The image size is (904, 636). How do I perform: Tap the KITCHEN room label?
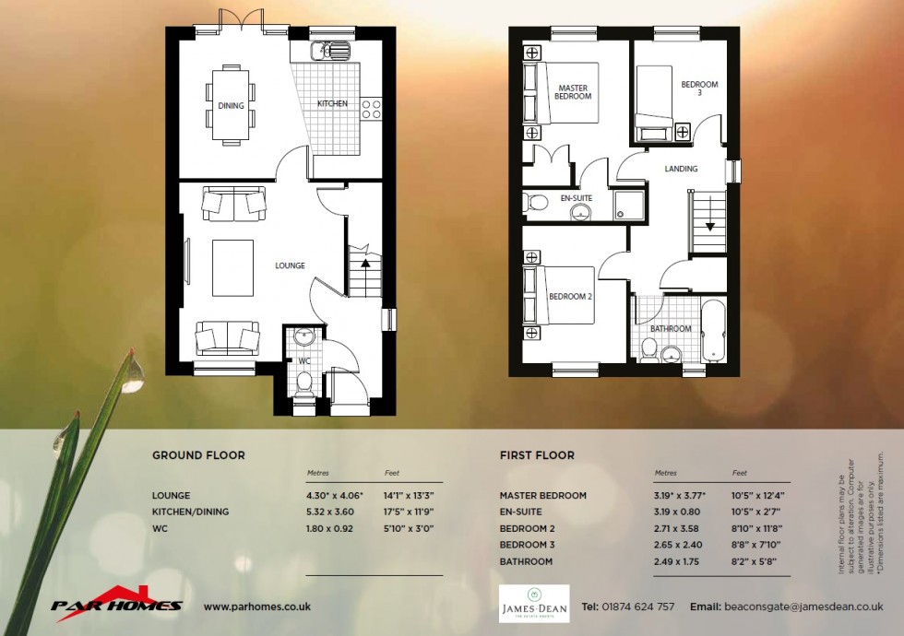click(x=332, y=104)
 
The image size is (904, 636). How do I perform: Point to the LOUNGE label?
click(x=290, y=265)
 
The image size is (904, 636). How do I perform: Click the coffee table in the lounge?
click(x=232, y=267)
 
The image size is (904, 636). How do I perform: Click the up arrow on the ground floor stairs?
click(x=365, y=263)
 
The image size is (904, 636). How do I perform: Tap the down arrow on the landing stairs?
click(x=710, y=226)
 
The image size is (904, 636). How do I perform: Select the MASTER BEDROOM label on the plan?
click(x=573, y=92)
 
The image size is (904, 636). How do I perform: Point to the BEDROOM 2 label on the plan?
click(x=570, y=297)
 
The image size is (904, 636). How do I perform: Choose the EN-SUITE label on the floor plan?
click(x=577, y=198)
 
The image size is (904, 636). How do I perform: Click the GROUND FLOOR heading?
click(x=198, y=455)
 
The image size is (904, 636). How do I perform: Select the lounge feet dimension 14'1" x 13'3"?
click(x=409, y=495)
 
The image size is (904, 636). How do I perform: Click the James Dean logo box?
click(x=534, y=604)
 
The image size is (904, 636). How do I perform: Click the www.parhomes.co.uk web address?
click(x=256, y=607)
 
